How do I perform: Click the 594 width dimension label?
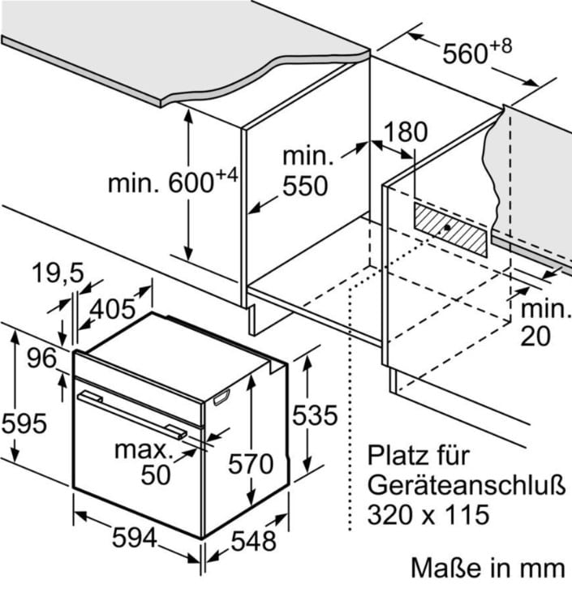[x=135, y=538]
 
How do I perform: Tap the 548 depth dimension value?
[x=254, y=541]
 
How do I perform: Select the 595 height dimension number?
[x=24, y=423]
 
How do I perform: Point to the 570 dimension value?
[x=251, y=464]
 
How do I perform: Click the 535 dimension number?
[x=315, y=415]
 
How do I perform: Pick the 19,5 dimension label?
[x=58, y=273]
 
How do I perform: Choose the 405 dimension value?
[x=113, y=308]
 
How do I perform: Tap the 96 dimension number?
[x=42, y=358]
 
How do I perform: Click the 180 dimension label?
[x=405, y=131]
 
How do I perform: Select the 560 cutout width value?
[x=465, y=54]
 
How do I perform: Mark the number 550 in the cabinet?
[x=305, y=186]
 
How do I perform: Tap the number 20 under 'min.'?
[x=535, y=336]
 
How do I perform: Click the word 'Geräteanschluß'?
[x=467, y=485]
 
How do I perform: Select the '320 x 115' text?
[x=428, y=514]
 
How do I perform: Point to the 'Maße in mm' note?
[x=488, y=568]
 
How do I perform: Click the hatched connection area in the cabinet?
[x=450, y=230]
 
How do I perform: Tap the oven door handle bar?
[x=131, y=416]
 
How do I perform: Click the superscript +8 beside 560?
[x=501, y=46]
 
